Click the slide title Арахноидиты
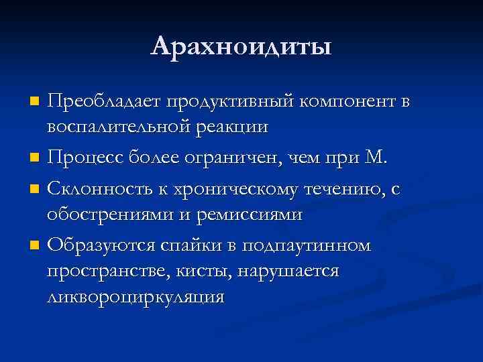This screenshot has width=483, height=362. [241, 46]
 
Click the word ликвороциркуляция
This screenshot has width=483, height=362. [135, 296]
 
